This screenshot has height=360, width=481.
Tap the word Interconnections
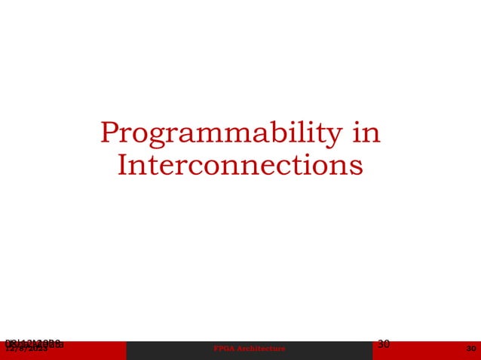click(x=240, y=165)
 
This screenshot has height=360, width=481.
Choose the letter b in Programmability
click(x=263, y=133)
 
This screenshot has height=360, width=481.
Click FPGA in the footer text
click(x=224, y=349)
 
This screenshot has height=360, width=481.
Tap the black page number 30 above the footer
click(x=383, y=343)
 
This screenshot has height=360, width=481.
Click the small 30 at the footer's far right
click(x=471, y=349)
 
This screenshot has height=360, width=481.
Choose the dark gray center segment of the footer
click(x=317, y=350)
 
